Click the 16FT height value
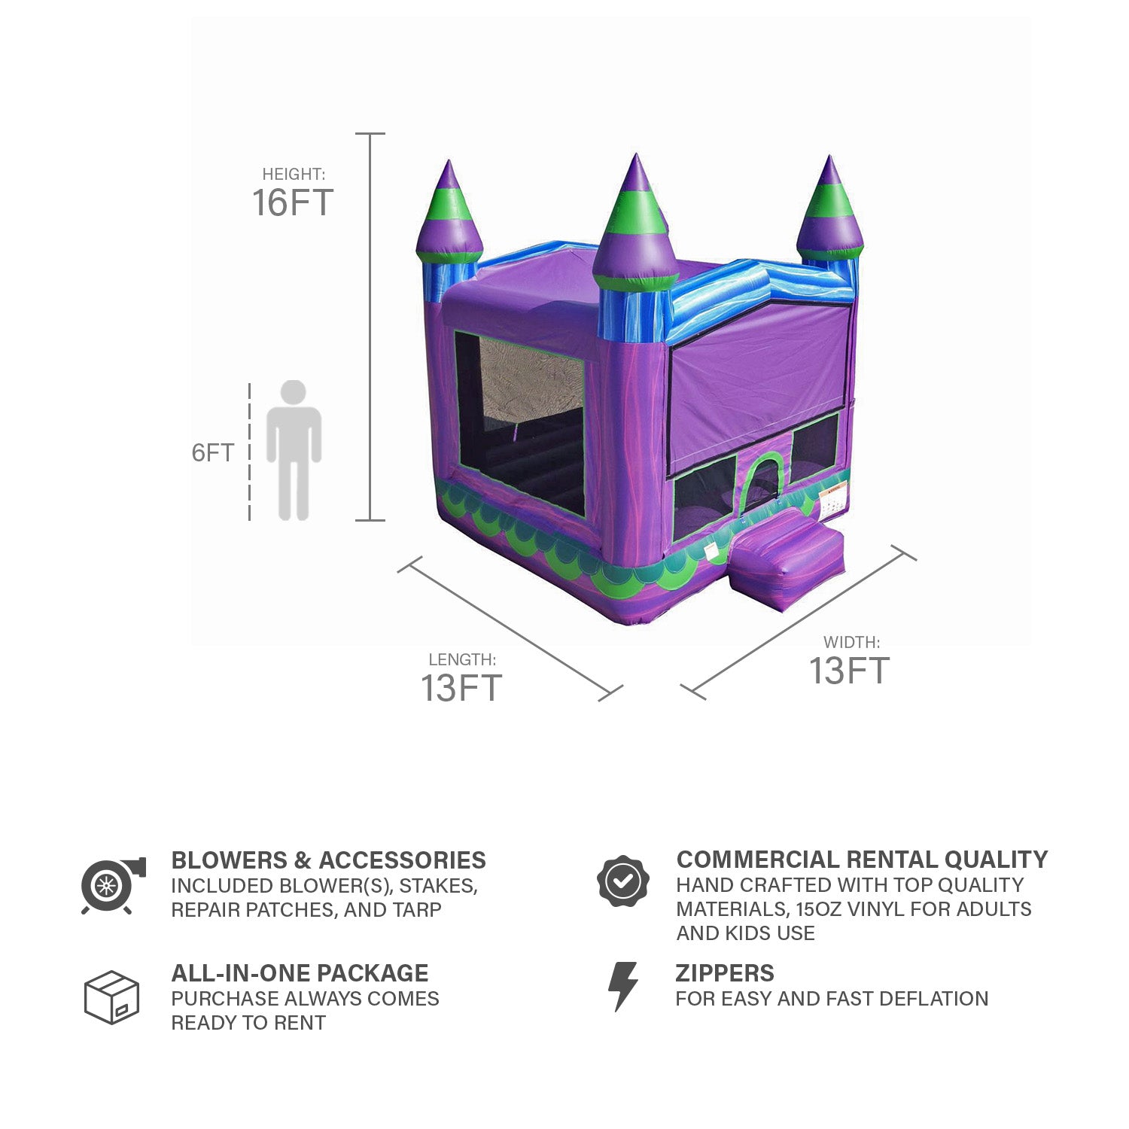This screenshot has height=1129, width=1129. [x=293, y=203]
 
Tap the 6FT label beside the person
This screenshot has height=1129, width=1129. [x=213, y=452]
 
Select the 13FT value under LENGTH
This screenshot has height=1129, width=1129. [x=461, y=688]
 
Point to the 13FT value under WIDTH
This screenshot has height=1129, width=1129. [x=850, y=671]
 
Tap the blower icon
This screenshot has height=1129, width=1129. [x=113, y=885]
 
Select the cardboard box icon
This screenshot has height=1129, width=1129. [x=112, y=997]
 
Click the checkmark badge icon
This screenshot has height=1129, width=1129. [x=623, y=881]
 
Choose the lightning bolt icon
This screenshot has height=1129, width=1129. [x=623, y=986]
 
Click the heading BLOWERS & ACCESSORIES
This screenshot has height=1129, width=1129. [x=328, y=860]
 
